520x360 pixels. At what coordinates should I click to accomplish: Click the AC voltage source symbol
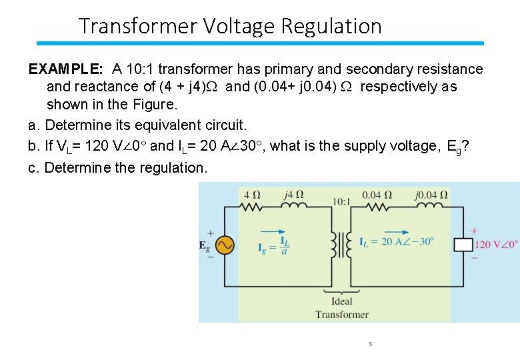222,245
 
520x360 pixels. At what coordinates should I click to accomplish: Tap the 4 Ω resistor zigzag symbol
251,207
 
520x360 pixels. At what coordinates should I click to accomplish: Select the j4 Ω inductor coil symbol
294,207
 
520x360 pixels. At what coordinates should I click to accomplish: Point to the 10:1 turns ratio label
341,201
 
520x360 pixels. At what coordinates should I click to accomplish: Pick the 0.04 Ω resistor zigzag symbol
377,207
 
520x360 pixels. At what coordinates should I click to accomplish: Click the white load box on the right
463,244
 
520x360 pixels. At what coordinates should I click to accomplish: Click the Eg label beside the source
205,245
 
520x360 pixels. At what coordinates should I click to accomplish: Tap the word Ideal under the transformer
341,301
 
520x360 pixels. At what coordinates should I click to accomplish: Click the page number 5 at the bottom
370,344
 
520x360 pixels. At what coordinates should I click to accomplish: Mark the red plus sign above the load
474,231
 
